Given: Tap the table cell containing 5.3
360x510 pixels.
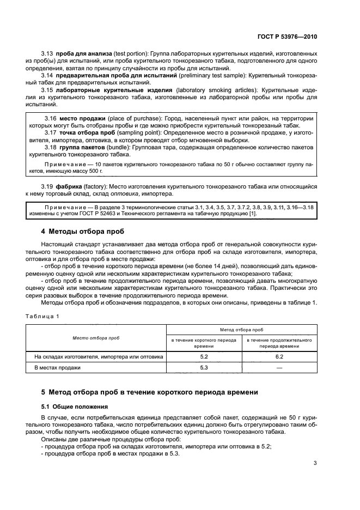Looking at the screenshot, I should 204,368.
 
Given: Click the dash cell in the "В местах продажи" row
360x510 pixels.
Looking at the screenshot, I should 279,368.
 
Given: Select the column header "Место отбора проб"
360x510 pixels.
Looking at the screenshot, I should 96,338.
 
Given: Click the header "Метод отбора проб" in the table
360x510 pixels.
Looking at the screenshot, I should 241,330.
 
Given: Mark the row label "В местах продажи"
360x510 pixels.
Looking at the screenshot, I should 57,368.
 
